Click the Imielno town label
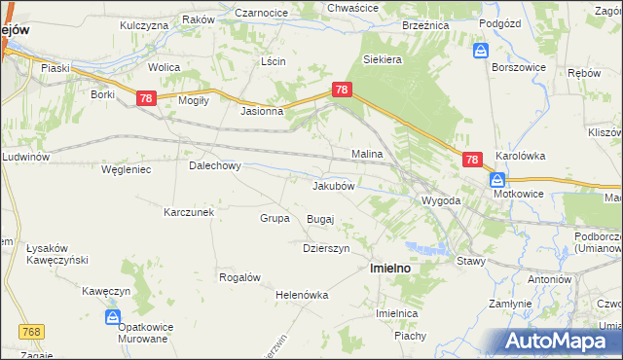[x=387, y=267]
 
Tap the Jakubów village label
[x=338, y=185]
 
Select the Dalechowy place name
[x=214, y=165]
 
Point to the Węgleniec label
[x=125, y=169]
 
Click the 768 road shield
[x=30, y=333]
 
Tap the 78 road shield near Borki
[x=146, y=98]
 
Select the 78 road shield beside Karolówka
[x=472, y=160]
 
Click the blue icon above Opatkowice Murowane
[x=113, y=317]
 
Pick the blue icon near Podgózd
[x=481, y=50]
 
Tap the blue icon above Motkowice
[x=497, y=180]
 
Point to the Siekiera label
[x=383, y=59]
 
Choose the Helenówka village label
[x=303, y=295]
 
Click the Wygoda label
[x=440, y=200]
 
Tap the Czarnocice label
[x=261, y=13]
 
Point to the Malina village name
[x=367, y=154]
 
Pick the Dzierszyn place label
[x=325, y=248]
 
